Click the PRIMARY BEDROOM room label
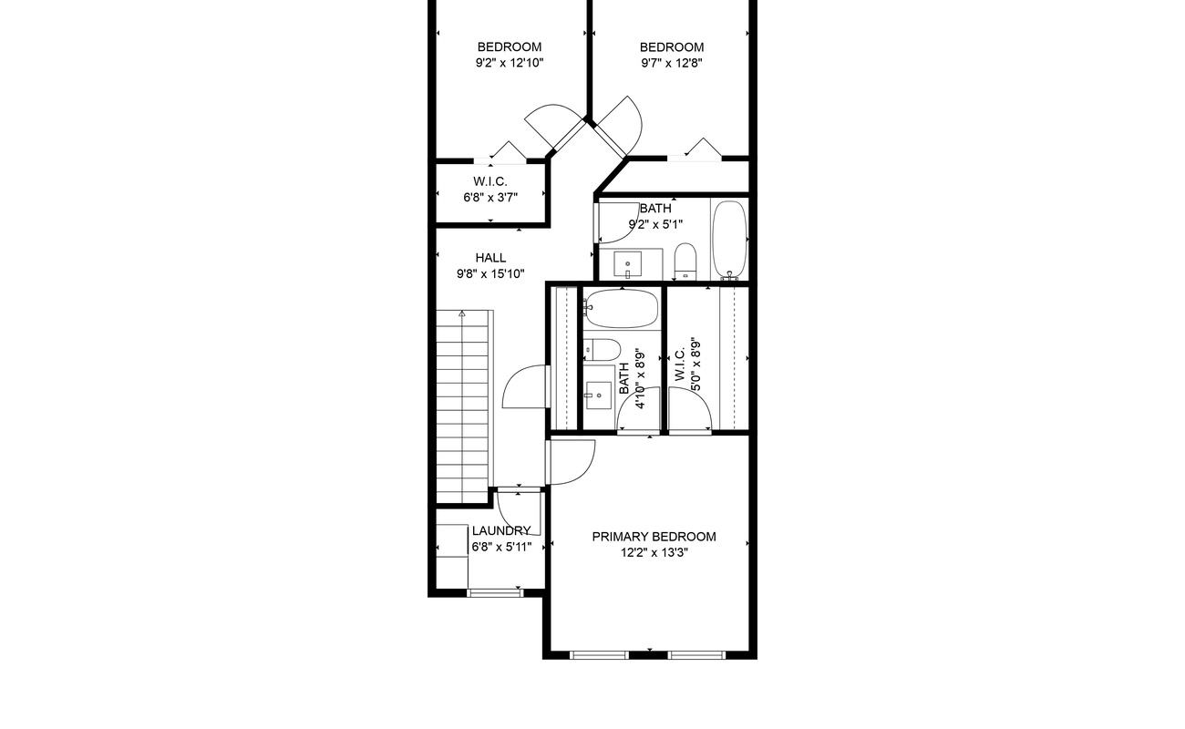[x=654, y=537]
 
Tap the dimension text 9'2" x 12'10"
[x=509, y=64]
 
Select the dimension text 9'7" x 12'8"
[x=671, y=64]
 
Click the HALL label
[x=490, y=258]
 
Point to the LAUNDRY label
[x=500, y=530]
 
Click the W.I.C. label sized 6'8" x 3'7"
[x=490, y=181]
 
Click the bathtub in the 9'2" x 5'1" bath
[x=728, y=239]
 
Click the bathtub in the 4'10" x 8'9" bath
[x=621, y=308]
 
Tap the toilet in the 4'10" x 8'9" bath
[x=602, y=348]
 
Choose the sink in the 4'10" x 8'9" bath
[x=598, y=395]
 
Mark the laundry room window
[x=495, y=593]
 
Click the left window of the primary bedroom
[x=599, y=654]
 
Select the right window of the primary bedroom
[x=696, y=654]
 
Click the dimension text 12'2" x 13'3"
[x=654, y=553]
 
